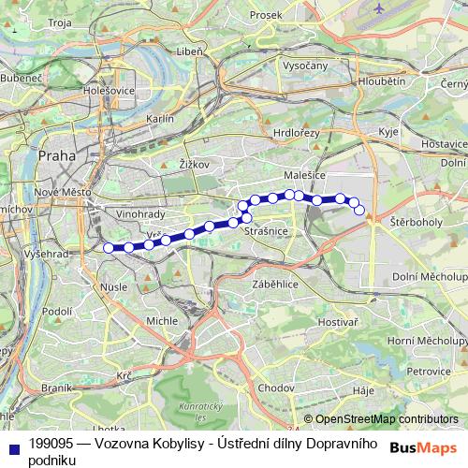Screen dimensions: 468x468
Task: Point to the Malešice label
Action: point(303,175)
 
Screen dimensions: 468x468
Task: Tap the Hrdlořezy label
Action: point(296,134)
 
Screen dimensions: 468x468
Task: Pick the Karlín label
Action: point(160,120)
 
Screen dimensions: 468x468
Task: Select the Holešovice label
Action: point(109,92)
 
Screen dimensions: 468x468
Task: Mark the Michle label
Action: point(162,321)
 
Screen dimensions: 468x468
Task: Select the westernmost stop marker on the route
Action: point(109,247)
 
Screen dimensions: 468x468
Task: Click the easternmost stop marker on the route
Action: point(359,210)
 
